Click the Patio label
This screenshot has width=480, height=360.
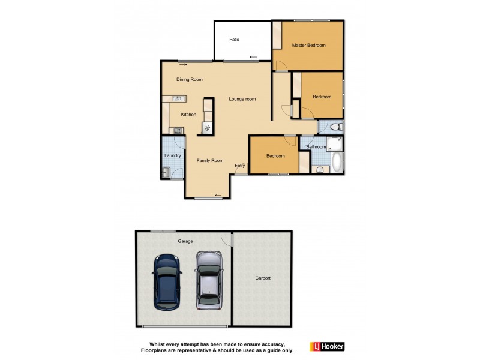(234, 40)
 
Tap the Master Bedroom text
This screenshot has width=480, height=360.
(308, 46)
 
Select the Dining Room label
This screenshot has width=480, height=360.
(189, 80)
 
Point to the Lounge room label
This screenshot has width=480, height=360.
(242, 99)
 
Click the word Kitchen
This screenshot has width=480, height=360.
(188, 115)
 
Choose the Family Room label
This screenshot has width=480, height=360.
(210, 160)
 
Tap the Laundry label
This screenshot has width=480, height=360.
(173, 156)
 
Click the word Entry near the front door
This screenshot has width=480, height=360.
(240, 166)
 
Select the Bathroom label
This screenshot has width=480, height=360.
(316, 147)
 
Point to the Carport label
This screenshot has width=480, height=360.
(263, 278)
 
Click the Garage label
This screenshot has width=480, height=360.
(185, 241)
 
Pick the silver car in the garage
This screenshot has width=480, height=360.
(208, 280)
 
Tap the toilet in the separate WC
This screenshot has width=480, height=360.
(337, 127)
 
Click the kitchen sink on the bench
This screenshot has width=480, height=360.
(178, 98)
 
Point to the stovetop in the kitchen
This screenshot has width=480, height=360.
(178, 130)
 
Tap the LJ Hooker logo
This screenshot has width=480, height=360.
(326, 347)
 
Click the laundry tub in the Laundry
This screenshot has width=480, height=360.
(165, 172)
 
